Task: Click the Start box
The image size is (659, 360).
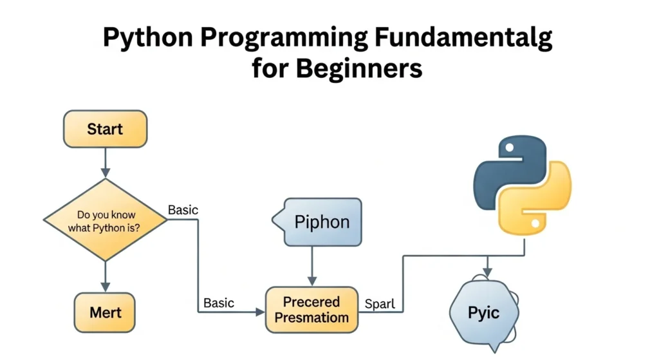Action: [x=105, y=129]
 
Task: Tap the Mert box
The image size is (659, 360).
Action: [x=105, y=313]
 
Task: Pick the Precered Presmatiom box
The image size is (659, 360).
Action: [x=311, y=310]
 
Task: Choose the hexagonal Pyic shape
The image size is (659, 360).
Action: [x=483, y=313]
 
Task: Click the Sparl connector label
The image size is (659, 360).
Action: [x=380, y=303]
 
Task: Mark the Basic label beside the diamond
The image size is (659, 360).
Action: [x=183, y=210]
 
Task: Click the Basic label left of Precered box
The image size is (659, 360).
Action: [x=219, y=303]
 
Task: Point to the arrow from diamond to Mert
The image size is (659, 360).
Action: [x=105, y=277]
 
